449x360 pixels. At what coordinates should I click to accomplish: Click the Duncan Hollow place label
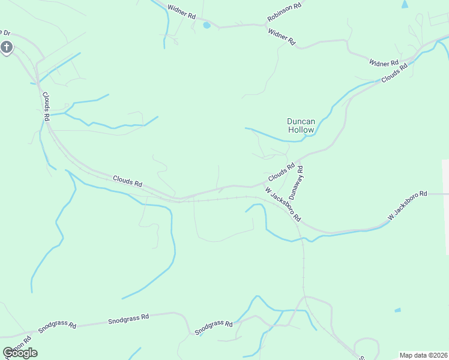click(301, 125)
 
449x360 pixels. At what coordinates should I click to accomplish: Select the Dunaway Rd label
click(297, 183)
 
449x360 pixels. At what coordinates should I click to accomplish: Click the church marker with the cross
click(7, 47)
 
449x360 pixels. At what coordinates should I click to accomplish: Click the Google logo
click(20, 353)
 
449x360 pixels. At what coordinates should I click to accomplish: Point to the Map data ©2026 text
click(423, 355)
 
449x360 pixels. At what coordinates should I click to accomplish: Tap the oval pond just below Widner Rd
click(206, 25)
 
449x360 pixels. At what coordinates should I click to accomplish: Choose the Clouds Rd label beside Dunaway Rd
click(281, 173)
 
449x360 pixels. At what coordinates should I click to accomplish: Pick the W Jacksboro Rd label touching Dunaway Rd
click(283, 204)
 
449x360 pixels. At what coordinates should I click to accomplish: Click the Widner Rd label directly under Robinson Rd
click(282, 37)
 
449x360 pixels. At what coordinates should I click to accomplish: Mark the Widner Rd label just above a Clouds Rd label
click(384, 62)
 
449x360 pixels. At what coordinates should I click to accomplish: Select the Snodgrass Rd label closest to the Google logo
click(57, 326)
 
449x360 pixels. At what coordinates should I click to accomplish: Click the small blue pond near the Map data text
click(397, 310)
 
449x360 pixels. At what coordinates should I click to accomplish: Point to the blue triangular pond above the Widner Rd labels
click(404, 4)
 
